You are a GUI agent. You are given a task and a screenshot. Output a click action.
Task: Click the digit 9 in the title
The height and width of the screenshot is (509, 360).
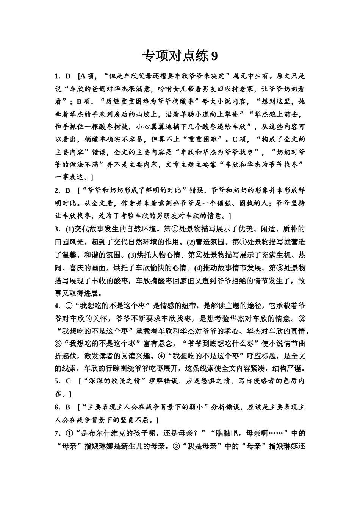(214, 56)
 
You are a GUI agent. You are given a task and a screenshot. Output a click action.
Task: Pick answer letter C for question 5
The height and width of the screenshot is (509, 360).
(68, 381)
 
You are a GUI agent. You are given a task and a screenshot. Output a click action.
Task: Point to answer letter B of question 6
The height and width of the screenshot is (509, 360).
(68, 407)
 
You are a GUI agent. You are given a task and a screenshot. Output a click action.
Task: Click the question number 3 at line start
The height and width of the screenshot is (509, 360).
(57, 229)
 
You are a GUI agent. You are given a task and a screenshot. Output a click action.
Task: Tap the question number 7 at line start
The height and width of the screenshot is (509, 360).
(57, 433)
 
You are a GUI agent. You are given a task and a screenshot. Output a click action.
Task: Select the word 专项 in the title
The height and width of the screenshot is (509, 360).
(155, 56)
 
